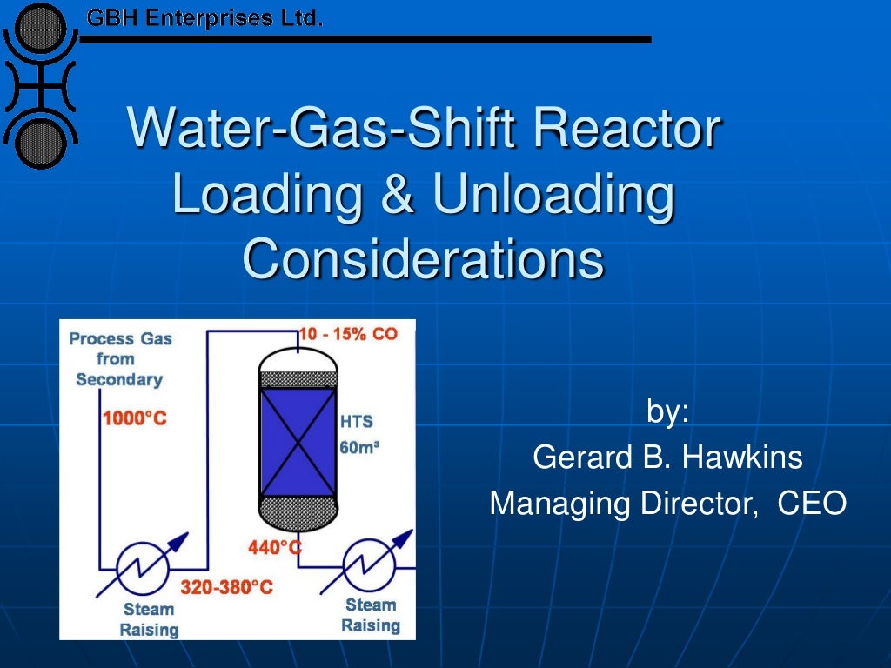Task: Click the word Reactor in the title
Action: pos(626,129)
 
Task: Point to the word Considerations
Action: pos(423,258)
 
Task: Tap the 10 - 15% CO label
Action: pos(348,334)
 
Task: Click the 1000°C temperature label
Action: pos(134,418)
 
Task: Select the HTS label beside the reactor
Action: pos(356,421)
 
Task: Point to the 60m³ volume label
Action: pos(360,447)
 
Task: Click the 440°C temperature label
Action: pos(275,547)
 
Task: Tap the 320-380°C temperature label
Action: pos(226,587)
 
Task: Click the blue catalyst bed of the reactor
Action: pos(298,441)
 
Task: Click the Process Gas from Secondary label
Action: pos(120,358)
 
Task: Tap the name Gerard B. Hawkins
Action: pos(667,457)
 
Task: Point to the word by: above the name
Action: pos(667,411)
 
